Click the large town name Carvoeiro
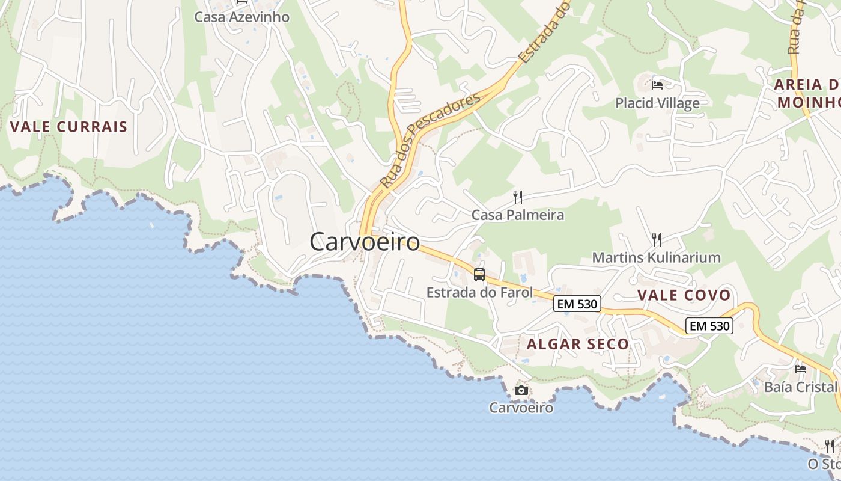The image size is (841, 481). click(x=365, y=242)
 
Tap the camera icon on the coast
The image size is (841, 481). click(x=521, y=391)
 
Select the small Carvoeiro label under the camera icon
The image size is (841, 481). click(x=521, y=408)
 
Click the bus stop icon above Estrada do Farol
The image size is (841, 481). click(x=479, y=275)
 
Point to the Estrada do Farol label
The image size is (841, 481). click(x=479, y=293)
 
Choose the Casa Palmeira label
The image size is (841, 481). click(x=518, y=215)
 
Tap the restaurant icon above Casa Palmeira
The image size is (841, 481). click(x=518, y=197)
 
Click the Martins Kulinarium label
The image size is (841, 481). click(x=656, y=258)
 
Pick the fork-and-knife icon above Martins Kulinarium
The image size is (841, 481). click(x=657, y=240)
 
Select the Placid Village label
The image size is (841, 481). click(x=657, y=103)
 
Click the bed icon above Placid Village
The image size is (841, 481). click(x=657, y=85)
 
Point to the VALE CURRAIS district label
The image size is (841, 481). click(x=69, y=127)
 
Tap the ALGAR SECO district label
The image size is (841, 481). click(x=578, y=344)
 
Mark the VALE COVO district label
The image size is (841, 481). click(x=684, y=295)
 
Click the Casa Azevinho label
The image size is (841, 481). click(x=241, y=17)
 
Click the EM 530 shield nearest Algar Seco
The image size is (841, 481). click(x=577, y=304)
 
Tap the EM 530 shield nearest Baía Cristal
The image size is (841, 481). click(x=709, y=326)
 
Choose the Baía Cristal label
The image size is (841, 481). click(x=800, y=387)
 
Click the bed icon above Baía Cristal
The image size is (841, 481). click(x=801, y=369)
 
